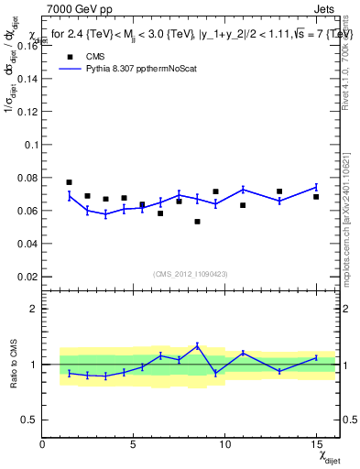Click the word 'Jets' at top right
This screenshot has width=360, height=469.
click(325, 10)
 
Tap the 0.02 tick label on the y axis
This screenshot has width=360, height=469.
click(27, 277)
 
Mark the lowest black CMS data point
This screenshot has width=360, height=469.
click(197, 222)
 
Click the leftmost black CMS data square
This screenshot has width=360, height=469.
click(69, 182)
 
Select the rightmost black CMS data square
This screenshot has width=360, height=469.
click(316, 197)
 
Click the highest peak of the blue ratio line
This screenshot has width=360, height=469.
click(197, 345)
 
